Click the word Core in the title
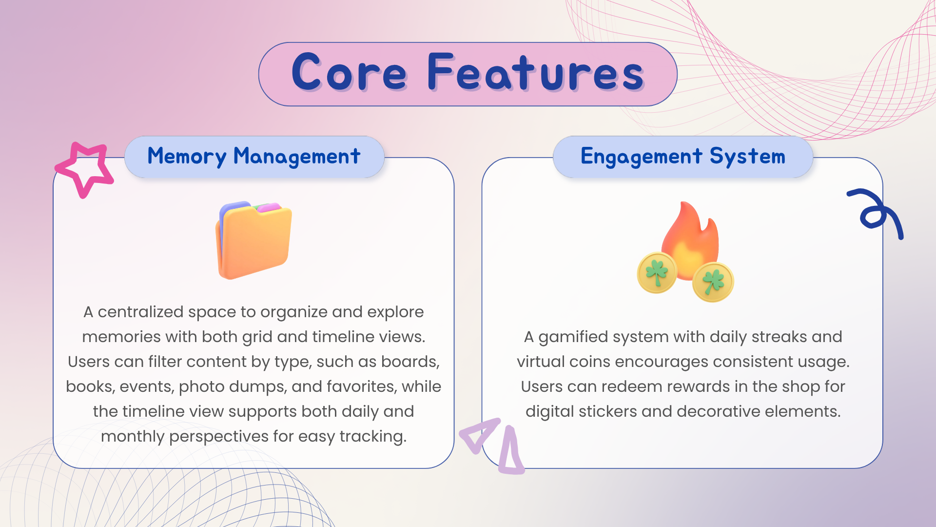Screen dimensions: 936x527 [349, 73]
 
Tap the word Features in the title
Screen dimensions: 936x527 [536, 73]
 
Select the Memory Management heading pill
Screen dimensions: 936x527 [254, 157]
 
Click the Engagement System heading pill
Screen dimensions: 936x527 [683, 157]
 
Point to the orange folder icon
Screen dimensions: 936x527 [253, 240]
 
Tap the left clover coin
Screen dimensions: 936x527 [657, 273]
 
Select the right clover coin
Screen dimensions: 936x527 [713, 282]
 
